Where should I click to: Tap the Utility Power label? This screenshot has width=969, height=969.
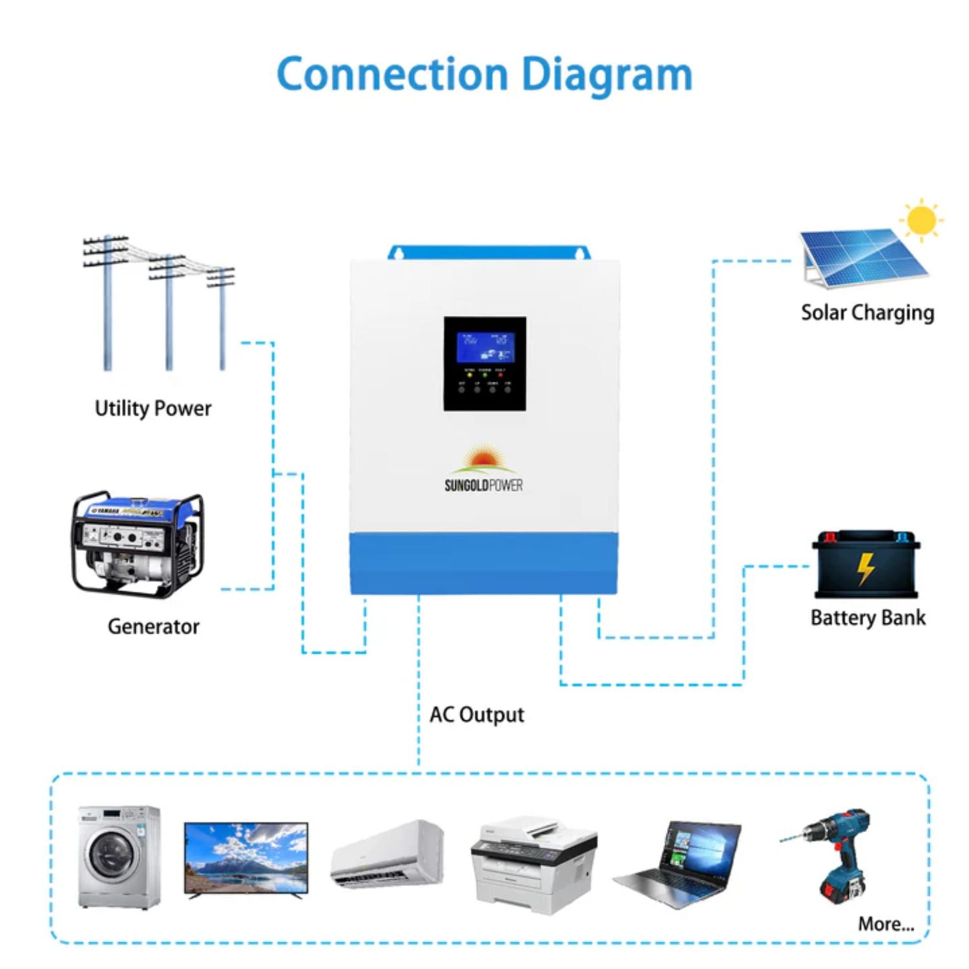(153, 408)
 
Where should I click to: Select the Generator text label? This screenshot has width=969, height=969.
(153, 626)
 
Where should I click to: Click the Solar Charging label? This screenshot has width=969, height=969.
(867, 313)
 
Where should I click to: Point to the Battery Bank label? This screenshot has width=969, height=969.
(868, 618)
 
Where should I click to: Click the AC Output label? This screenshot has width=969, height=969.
(477, 714)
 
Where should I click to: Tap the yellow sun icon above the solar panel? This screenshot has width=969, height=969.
(921, 220)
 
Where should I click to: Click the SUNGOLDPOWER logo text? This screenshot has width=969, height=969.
(483, 485)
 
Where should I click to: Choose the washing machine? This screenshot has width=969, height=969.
(119, 857)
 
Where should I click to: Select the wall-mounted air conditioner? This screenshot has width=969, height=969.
(388, 853)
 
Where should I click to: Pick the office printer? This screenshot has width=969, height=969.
(534, 864)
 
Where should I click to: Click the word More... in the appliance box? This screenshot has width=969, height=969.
(886, 924)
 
